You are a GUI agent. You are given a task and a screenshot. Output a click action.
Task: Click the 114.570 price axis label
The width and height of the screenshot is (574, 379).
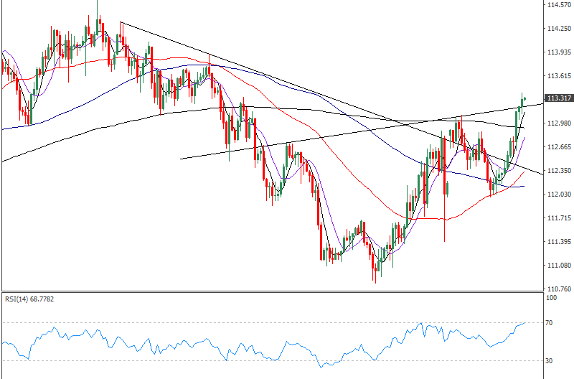pos(557,5)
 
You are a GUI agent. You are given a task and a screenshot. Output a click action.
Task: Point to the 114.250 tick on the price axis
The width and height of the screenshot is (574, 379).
pos(557,29)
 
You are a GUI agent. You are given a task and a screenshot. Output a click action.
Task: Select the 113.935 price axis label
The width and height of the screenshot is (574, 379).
pos(557,52)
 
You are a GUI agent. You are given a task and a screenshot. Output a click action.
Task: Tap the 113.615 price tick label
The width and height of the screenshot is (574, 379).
pos(557,76)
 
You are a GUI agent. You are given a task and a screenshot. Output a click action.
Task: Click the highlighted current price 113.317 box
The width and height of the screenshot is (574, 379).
pos(557,98)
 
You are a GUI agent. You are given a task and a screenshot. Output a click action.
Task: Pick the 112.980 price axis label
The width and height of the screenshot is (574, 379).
pos(557,123)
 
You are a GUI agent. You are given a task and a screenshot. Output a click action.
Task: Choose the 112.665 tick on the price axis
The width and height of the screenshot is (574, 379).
pos(557,147)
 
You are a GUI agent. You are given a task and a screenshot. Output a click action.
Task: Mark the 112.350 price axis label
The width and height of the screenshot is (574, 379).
pos(557,171)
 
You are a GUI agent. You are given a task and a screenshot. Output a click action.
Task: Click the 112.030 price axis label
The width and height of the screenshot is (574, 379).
pos(557,195)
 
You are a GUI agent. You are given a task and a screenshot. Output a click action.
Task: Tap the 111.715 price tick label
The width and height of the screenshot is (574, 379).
pos(557,218)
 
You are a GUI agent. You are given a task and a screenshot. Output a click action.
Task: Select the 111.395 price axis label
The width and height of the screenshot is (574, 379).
pos(557,242)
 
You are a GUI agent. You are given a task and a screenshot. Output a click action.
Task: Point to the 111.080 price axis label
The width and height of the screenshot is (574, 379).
pos(557,266)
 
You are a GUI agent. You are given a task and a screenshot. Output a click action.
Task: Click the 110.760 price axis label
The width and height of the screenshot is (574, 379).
pos(557,289)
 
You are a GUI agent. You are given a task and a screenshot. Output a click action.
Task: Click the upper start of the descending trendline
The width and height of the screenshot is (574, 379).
pos(120,22)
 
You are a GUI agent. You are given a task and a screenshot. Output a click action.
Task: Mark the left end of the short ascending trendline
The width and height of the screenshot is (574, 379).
pos(179,159)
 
